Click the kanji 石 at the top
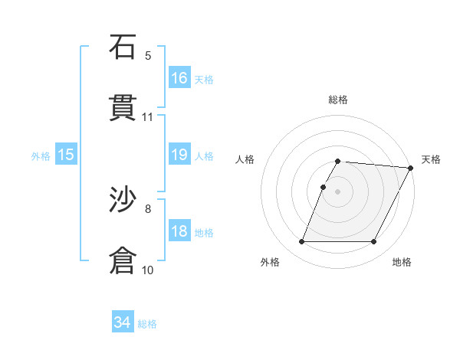pos(123,47)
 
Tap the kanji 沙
pos(123,201)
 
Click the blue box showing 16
pos(179,77)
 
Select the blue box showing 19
pos(179,155)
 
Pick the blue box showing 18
pos(179,231)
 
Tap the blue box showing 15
pos(66,155)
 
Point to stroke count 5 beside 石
pos(148,55)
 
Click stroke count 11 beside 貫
pos(148,117)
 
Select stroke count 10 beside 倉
pos(148,270)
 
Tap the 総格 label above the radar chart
pos(338,100)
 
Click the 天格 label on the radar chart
pos(431,159)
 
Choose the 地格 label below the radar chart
pos(402,262)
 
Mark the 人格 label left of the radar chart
pos(245,159)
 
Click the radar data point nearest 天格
pos(410,168)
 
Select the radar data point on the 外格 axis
pos(301,242)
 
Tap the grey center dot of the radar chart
pos(338,191)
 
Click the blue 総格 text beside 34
pos(147,324)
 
